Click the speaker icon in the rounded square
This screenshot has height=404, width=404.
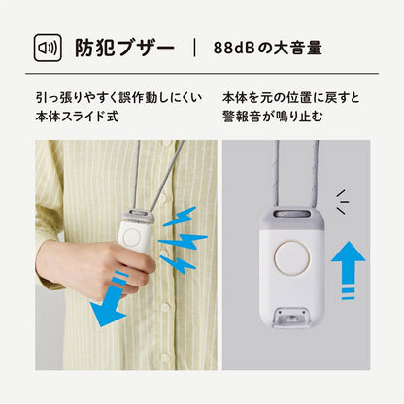click(48, 48)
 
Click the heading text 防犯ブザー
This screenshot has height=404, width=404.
click(125, 49)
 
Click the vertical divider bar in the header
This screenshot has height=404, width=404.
click(194, 48)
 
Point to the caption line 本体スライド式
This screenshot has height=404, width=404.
click(77, 117)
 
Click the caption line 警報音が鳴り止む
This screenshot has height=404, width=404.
click(273, 117)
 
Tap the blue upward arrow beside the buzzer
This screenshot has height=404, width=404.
click(349, 270)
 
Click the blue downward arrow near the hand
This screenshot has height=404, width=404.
click(110, 301)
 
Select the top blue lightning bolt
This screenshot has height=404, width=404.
click(180, 217)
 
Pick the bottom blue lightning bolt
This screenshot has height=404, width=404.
click(178, 264)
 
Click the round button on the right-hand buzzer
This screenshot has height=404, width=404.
click(291, 258)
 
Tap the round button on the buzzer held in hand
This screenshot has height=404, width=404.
click(131, 237)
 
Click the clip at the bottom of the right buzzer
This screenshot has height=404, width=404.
click(290, 317)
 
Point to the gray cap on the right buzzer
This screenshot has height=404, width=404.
click(292, 219)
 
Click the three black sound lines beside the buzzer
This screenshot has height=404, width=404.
click(343, 202)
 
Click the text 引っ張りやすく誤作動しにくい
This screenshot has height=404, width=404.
click(118, 97)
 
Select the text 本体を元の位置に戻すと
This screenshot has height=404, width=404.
click(291, 97)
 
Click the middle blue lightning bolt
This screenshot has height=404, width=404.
click(183, 241)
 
